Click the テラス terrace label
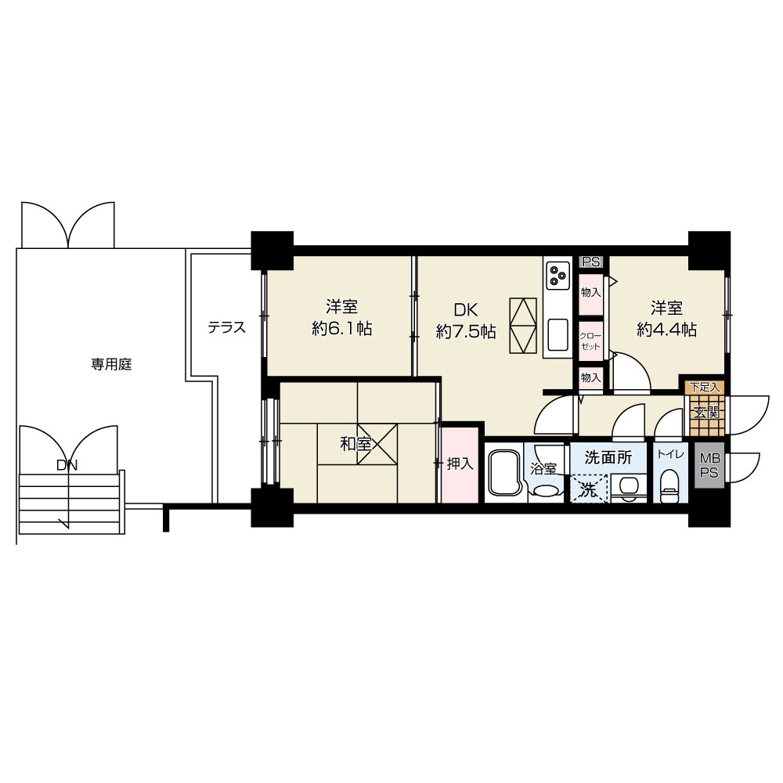[227, 327]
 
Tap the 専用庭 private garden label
[111, 365]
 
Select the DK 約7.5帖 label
[465, 320]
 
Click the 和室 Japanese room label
[355, 443]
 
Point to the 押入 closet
[460, 464]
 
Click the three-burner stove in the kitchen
[557, 275]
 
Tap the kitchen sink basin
[557, 334]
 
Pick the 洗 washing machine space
[589, 489]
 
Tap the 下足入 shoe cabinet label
[704, 387]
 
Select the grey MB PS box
[709, 465]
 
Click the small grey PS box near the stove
[591, 262]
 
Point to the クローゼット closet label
[590, 341]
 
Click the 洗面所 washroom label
[608, 457]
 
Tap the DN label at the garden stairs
[67, 465]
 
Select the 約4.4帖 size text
[666, 330]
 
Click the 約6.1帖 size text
[342, 329]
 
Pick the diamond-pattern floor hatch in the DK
[523, 326]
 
